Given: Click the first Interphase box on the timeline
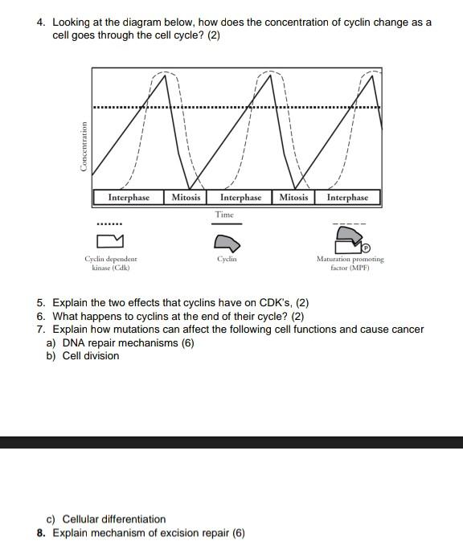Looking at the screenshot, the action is (129, 197).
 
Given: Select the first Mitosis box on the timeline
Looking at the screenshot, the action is (186, 197).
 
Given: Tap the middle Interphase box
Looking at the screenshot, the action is (240, 197).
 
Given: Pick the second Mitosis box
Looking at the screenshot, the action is (293, 197).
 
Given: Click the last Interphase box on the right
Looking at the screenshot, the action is (347, 197).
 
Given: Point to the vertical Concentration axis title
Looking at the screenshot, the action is (83, 145).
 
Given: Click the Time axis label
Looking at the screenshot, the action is (226, 215).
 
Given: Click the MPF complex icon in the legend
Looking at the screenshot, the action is (349, 239).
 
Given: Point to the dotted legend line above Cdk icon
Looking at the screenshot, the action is (109, 223).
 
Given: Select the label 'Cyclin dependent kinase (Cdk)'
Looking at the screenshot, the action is (111, 263).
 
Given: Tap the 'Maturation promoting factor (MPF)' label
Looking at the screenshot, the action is (350, 263).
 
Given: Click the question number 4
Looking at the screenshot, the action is (41, 23).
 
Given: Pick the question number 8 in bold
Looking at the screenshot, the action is (41, 532).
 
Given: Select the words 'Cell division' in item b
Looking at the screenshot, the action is (91, 355).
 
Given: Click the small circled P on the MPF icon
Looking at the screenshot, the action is (365, 245).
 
